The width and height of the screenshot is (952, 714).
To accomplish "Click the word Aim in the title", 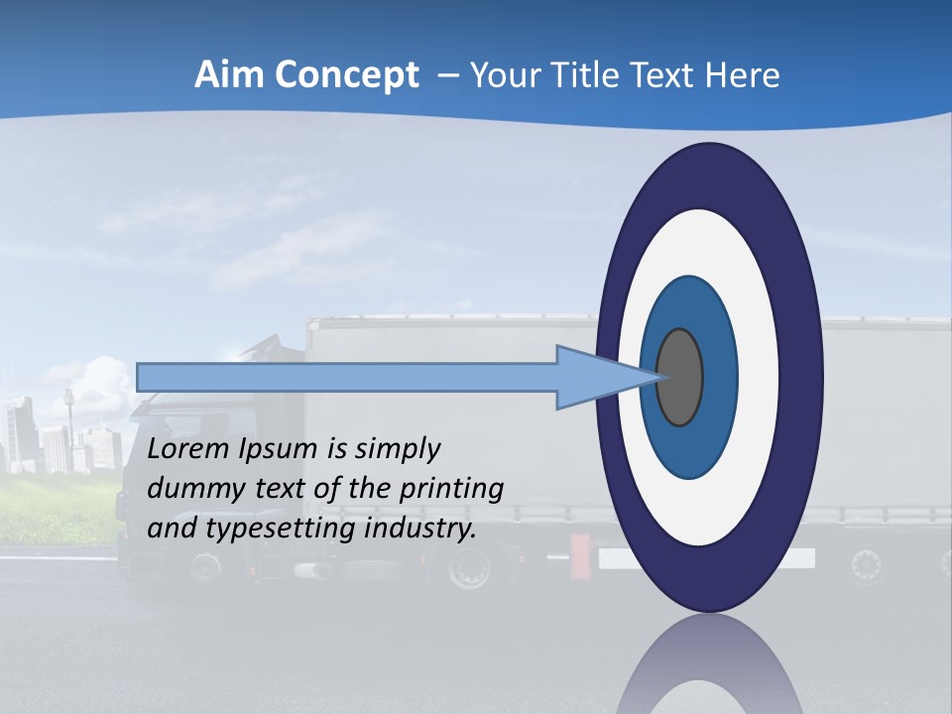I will click(x=226, y=74).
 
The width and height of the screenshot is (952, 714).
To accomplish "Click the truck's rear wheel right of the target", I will click(x=866, y=566).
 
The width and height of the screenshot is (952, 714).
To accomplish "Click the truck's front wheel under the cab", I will click(x=206, y=567).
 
